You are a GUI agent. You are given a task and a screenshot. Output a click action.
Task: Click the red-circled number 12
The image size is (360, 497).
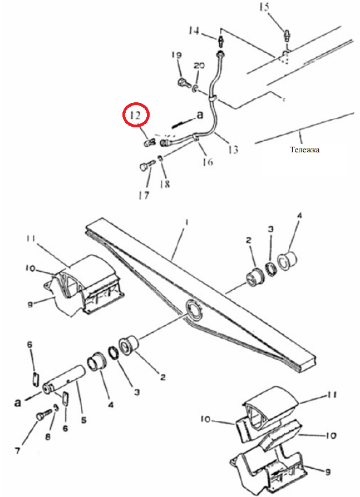tap(135, 115)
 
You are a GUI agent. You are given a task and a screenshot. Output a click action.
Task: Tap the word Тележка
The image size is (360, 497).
tap(304, 150)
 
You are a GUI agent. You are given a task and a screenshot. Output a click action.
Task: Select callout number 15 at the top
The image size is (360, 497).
tap(264, 7)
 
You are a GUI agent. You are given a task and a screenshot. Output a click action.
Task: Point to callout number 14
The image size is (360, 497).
tap(194, 31)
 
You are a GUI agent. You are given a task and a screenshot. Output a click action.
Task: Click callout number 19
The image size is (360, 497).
tap(177, 55)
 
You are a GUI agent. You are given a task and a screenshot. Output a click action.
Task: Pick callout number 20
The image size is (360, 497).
tap(199, 66)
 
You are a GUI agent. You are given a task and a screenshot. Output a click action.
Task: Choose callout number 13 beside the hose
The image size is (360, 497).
tap(233, 149)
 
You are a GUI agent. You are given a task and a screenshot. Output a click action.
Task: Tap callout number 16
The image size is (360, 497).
tap(208, 162)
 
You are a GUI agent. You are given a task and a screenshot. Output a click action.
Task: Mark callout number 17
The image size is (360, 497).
tap(144, 196)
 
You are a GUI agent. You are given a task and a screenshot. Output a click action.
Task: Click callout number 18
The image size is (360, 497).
tap(165, 184)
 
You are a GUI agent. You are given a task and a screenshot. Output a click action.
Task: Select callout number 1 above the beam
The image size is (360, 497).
tap(187, 223)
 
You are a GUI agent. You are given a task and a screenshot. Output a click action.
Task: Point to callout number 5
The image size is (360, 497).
tap(83, 420)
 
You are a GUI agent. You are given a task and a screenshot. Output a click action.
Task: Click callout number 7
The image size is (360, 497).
tap(17, 450)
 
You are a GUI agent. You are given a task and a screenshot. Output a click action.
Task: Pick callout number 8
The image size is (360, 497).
tap(48, 437)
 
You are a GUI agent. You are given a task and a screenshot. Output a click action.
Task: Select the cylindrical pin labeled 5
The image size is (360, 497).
tap(64, 378)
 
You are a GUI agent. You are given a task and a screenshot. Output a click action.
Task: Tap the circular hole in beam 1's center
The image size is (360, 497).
tap(194, 310)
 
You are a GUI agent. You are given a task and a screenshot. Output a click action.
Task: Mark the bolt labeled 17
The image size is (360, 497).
tap(146, 165)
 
